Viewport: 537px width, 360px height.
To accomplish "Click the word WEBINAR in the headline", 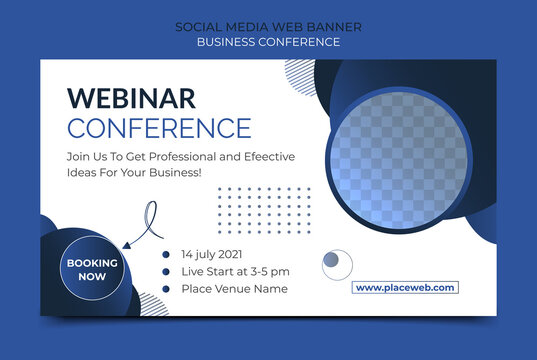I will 131,98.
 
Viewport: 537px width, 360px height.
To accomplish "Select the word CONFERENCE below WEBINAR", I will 159,128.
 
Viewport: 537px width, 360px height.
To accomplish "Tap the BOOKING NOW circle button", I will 92,269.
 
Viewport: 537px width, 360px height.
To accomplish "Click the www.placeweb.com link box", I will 405,288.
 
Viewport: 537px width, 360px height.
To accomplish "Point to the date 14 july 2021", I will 212,254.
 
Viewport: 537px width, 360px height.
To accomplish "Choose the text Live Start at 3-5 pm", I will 235,271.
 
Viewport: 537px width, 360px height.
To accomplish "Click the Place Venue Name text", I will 234,289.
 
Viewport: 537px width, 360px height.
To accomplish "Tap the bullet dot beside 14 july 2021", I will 166,254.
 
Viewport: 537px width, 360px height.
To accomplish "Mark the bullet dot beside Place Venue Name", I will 166,289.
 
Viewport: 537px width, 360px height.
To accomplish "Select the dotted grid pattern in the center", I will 263,210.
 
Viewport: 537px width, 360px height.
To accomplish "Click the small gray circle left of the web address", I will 336,264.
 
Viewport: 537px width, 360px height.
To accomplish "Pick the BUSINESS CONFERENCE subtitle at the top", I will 268,42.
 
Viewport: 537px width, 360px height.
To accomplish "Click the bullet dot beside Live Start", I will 166,271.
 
